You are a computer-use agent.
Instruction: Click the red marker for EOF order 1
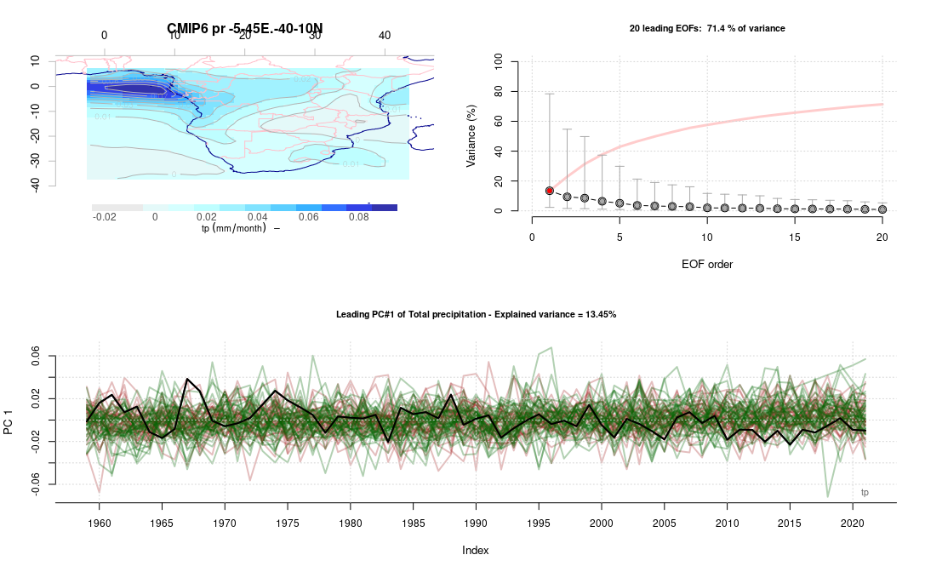point(550,191)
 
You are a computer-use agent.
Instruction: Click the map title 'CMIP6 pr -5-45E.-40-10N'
point(244,30)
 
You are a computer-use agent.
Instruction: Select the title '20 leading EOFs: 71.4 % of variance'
point(706,29)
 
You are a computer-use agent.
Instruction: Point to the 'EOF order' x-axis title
point(706,264)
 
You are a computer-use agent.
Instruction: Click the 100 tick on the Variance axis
point(496,62)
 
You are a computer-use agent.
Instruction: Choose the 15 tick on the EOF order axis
point(794,238)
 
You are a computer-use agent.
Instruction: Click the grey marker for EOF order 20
point(882,209)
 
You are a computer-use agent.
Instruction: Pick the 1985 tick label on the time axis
point(414,520)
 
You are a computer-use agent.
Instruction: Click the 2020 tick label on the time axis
point(853,520)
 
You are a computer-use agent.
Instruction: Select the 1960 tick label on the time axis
point(100,520)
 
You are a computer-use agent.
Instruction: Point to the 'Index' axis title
point(475,551)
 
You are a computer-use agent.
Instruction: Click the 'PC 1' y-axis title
point(9,420)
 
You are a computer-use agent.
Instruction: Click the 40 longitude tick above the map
point(385,35)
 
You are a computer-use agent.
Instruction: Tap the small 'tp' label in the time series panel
point(865,492)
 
